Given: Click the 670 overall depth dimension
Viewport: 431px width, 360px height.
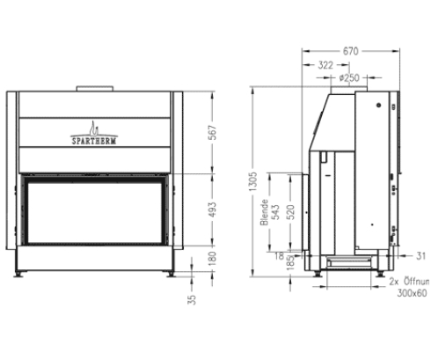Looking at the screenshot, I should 351,51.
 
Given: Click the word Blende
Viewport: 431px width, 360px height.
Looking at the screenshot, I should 264,214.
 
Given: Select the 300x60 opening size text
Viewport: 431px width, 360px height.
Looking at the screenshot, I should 410,292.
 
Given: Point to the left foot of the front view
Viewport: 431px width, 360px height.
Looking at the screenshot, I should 24,274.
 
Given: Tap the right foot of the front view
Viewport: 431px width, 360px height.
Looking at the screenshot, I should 170,274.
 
